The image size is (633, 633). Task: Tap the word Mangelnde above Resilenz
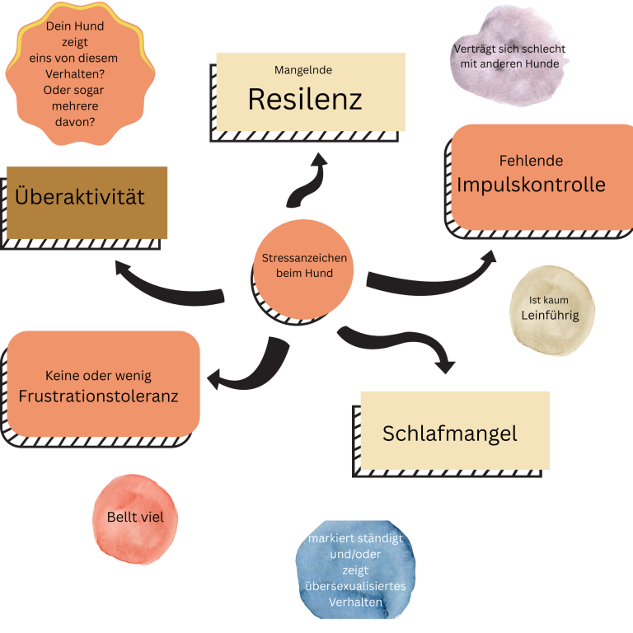302,70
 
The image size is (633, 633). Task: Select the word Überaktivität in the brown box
80,197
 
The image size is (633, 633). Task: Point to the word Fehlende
531,161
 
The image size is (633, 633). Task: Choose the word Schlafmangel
449,434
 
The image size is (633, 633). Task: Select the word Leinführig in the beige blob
550,315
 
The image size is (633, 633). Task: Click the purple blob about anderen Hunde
509,56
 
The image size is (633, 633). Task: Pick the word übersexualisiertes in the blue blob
355,586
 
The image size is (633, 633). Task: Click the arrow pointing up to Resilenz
307,182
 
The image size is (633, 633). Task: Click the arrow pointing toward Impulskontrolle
429,276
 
